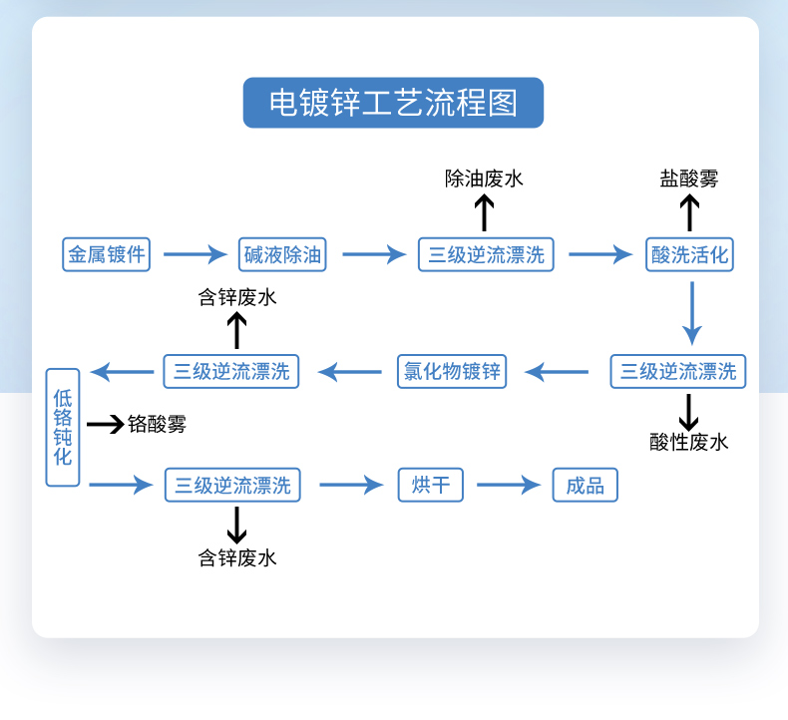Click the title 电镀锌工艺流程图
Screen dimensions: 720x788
(x=393, y=103)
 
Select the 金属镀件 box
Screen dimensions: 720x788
(x=106, y=254)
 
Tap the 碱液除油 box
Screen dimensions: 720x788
(x=284, y=254)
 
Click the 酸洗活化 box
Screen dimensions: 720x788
(x=689, y=254)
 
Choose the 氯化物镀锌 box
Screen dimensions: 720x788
(x=452, y=372)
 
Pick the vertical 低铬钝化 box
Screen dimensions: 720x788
(x=63, y=428)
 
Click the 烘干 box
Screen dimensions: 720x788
(x=431, y=486)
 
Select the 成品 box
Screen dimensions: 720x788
(x=586, y=486)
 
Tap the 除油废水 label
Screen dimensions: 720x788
(x=484, y=179)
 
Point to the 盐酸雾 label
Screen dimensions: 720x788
(x=688, y=179)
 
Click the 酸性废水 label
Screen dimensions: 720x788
(x=688, y=442)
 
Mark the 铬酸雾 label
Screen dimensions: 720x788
(x=157, y=425)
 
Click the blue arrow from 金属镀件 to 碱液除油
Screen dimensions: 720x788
(x=196, y=254)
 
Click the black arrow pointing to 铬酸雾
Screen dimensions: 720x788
(x=105, y=425)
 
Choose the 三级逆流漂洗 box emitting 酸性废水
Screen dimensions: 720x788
(x=678, y=372)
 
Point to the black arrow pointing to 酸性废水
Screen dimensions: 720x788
(x=688, y=411)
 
